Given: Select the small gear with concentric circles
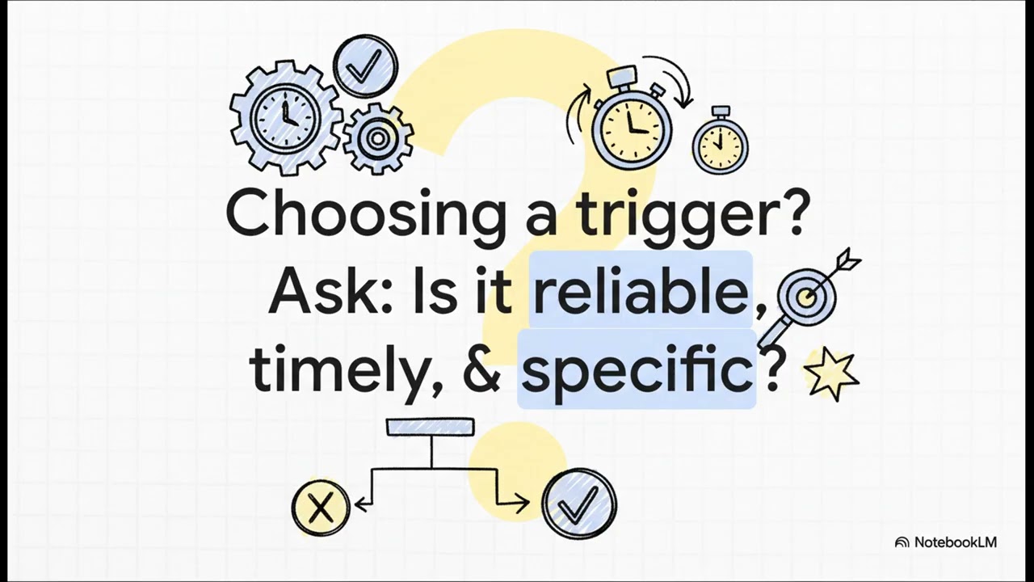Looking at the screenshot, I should (377, 138).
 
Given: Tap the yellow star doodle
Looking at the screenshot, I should (831, 373).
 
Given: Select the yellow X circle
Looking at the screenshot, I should (321, 508).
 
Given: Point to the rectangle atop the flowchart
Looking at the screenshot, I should (430, 427).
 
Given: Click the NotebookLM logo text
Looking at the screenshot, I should (955, 542).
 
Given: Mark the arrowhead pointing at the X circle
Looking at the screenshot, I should (360, 505).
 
